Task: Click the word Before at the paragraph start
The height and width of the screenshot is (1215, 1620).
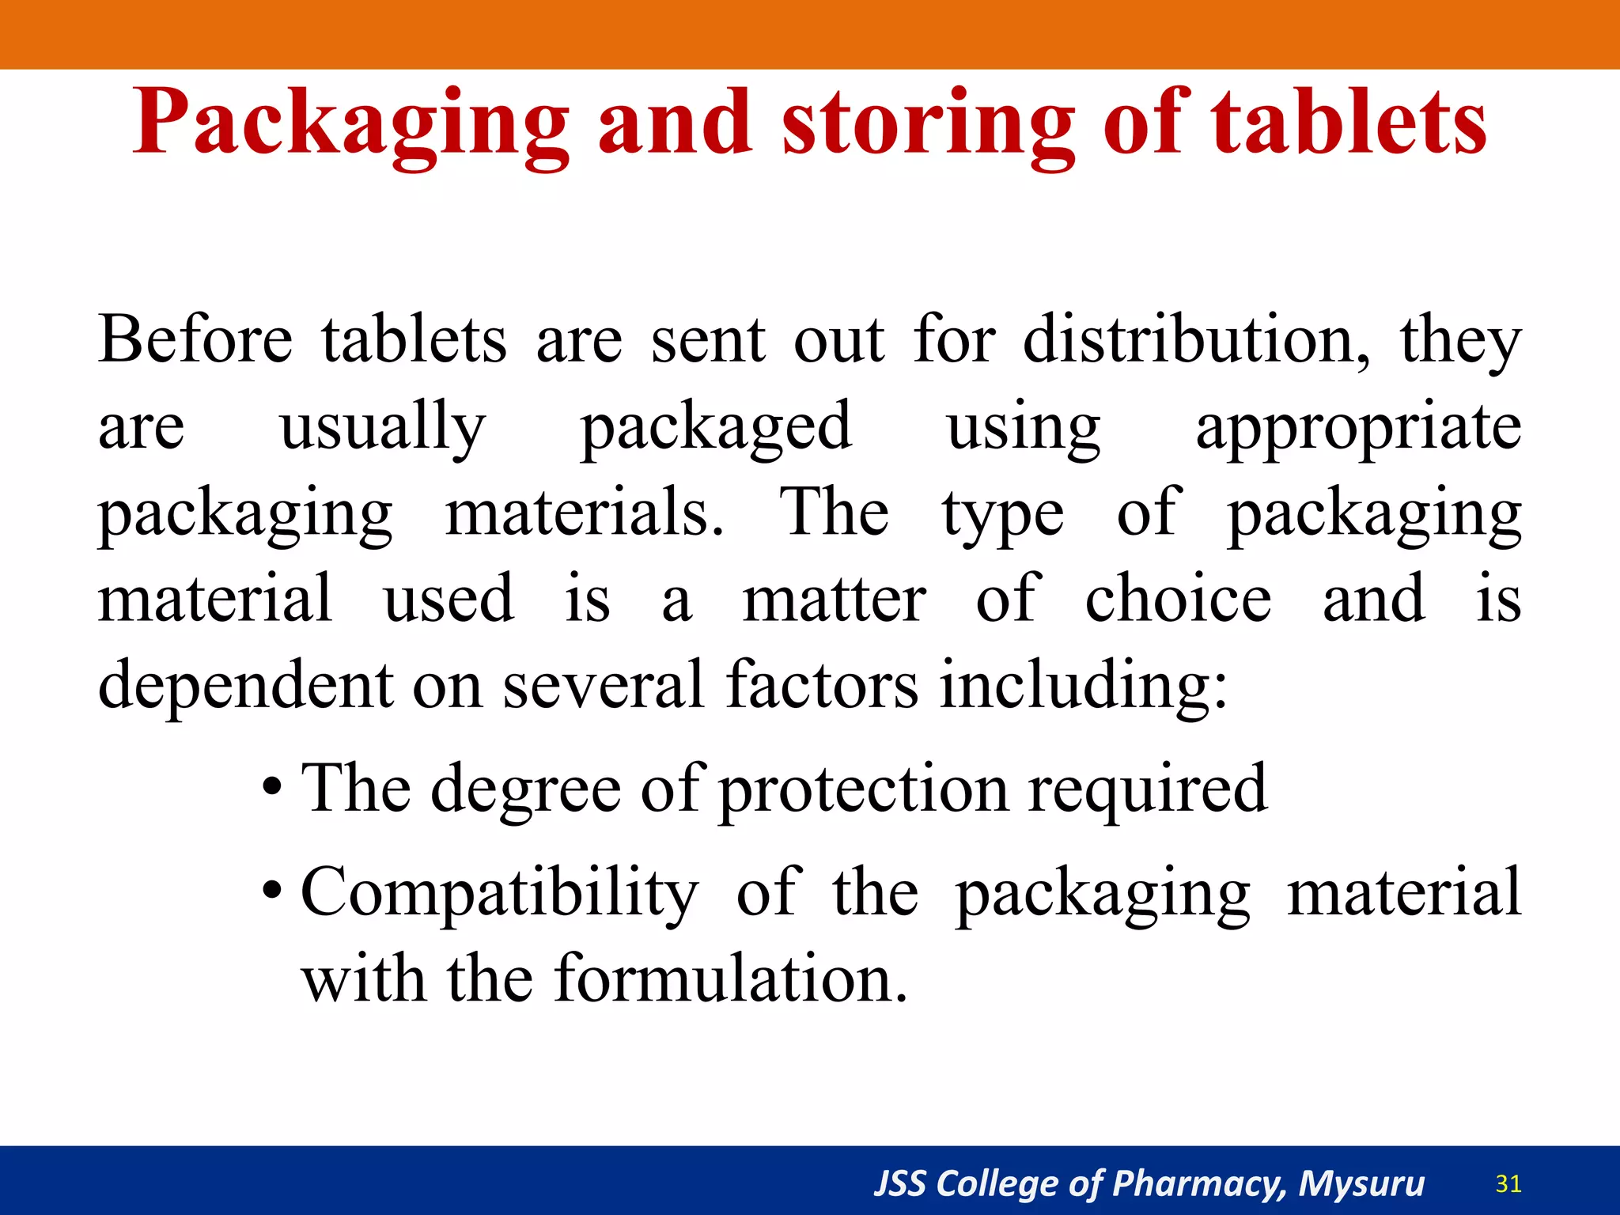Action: click(x=195, y=340)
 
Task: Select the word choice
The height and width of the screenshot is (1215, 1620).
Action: click(x=1178, y=599)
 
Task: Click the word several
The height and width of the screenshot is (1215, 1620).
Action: click(x=603, y=684)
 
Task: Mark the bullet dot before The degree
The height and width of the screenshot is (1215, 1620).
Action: click(x=272, y=789)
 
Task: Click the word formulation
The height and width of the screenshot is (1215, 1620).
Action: click(x=730, y=979)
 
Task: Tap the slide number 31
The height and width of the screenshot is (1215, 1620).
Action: click(x=1508, y=1184)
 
